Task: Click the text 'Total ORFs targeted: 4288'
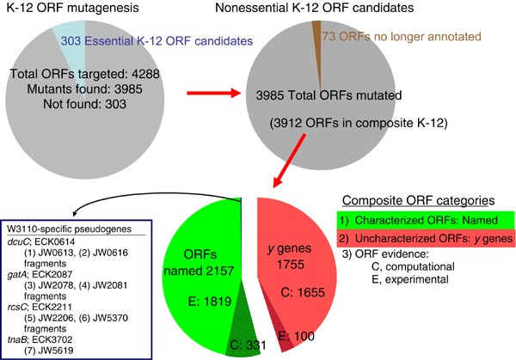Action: pos(102,73)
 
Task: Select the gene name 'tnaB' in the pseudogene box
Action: pos(18,331)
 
